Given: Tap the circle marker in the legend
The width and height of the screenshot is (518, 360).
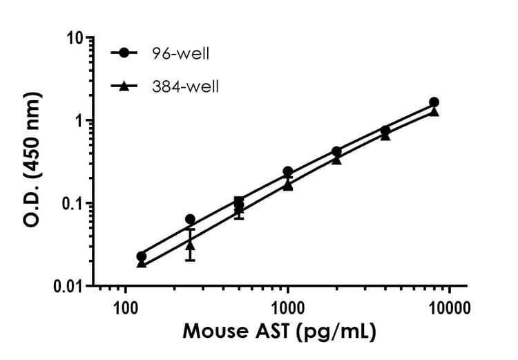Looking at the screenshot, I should pyautogui.click(x=124, y=53).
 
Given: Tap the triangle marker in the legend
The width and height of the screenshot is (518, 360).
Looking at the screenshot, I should pyautogui.click(x=124, y=86).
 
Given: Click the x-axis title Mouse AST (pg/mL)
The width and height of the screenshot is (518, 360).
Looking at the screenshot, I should pyautogui.click(x=279, y=332).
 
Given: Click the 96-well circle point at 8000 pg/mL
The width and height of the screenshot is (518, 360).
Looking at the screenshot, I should pyautogui.click(x=434, y=102).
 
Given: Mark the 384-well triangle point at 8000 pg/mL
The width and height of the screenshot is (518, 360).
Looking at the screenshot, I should pyautogui.click(x=434, y=111).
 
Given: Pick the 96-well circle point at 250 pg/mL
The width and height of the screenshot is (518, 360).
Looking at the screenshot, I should pyautogui.click(x=190, y=219).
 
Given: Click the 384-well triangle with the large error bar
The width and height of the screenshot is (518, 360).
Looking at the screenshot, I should pyautogui.click(x=190, y=245).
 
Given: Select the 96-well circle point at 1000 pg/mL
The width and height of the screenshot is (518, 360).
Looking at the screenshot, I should pyautogui.click(x=287, y=171).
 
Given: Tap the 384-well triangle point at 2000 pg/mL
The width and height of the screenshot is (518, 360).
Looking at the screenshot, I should pyautogui.click(x=336, y=159).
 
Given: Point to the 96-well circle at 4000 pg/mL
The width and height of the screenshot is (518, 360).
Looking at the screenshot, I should pyautogui.click(x=385, y=130).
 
